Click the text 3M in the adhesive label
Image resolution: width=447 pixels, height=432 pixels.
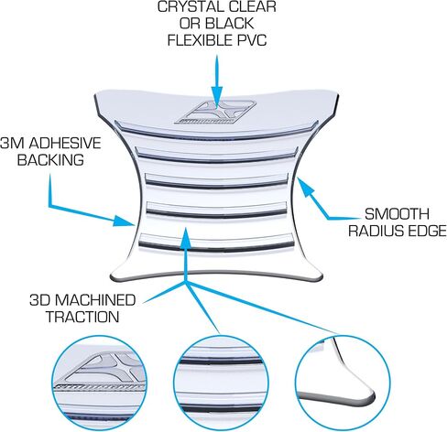[13, 143]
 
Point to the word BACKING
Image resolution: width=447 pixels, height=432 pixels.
[50, 160]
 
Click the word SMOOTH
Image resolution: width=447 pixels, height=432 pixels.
[397, 214]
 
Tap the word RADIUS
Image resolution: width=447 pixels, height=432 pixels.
[376, 231]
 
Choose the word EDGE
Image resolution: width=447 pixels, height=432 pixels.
[427, 231]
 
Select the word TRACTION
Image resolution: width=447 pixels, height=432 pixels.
[82, 317]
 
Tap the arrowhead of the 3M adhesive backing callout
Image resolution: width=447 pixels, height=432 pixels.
[124, 221]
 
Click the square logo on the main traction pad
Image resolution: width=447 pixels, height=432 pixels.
[215, 113]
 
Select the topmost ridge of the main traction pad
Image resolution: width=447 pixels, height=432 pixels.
[216, 132]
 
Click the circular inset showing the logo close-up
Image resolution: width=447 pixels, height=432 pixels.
[99, 383]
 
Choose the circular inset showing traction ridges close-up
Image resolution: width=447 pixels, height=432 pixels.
[221, 383]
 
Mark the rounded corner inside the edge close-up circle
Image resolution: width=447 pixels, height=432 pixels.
[369, 395]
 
